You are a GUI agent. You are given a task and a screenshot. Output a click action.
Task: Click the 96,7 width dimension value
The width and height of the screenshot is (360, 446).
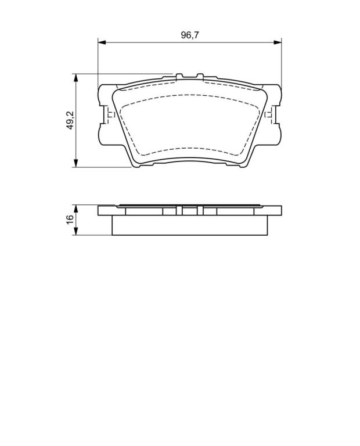click(190, 35)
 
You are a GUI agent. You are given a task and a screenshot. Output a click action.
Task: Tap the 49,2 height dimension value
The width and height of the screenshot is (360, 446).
click(70, 120)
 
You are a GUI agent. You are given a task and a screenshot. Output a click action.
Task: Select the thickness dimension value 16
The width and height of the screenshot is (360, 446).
click(70, 220)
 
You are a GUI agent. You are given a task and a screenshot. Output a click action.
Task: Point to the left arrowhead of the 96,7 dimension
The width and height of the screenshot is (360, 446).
click(102, 42)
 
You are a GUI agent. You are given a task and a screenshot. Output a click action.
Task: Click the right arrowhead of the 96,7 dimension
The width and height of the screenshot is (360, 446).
click(277, 42)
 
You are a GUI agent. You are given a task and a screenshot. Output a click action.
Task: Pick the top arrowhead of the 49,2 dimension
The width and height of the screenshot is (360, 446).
click(75, 78)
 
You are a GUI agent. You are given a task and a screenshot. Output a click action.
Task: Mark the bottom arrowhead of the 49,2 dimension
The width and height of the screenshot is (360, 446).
click(75, 163)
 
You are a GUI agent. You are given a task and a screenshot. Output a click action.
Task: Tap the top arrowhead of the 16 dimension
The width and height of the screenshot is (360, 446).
click(75, 209)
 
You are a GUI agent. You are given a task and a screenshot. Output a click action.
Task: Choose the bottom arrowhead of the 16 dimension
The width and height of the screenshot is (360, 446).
click(75, 231)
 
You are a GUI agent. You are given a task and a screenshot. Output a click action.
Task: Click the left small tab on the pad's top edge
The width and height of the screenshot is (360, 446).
click(179, 77)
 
